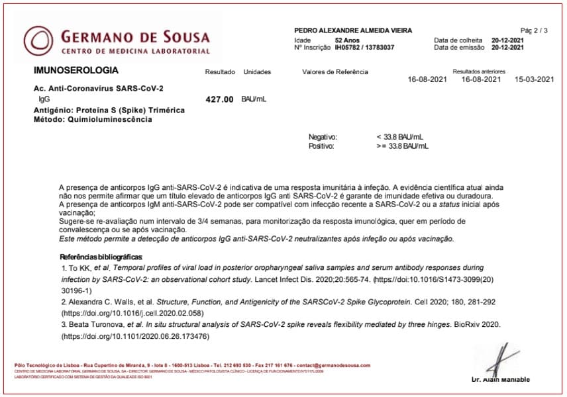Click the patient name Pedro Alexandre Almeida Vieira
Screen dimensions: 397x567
(353, 30)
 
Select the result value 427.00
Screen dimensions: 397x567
(220, 99)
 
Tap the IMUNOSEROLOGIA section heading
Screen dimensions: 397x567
(76, 70)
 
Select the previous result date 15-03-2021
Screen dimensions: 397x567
(534, 79)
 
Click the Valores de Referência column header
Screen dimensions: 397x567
(335, 72)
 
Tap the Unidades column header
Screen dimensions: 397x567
(258, 72)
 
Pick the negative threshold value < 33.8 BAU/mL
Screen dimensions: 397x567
(399, 137)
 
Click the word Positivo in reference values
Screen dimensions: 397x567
(321, 146)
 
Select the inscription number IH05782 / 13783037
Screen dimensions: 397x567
(364, 48)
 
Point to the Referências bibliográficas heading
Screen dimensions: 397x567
(101, 257)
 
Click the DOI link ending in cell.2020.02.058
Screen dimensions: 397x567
(132, 313)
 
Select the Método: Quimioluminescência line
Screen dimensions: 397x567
(93, 120)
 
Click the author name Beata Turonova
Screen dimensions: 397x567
(95, 325)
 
